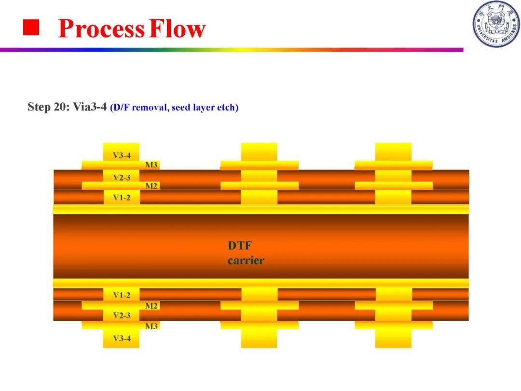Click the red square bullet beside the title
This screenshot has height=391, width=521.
[x=31, y=27]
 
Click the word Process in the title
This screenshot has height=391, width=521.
[x=101, y=28]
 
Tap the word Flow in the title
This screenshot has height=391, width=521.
[x=178, y=28]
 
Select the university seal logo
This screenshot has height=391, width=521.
[x=496, y=24]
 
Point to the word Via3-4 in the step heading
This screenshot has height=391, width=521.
[x=90, y=107]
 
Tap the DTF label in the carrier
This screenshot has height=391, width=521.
[x=240, y=245]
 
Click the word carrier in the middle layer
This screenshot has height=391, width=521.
[x=246, y=260]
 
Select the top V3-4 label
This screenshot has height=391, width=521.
[x=122, y=155]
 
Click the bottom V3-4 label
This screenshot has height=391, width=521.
[x=122, y=338]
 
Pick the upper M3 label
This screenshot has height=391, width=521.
[x=151, y=165]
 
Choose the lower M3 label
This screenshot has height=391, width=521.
[x=151, y=326]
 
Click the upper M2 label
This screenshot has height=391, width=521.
[x=151, y=186]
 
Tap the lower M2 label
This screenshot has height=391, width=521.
[x=151, y=306]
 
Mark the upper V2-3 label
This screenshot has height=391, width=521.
[x=122, y=178]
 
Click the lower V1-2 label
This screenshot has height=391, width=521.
[x=122, y=295]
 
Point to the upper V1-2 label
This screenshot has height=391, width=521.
[x=122, y=197]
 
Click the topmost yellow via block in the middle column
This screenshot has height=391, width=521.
[x=259, y=152]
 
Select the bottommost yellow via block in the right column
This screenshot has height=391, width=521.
[x=394, y=338]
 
